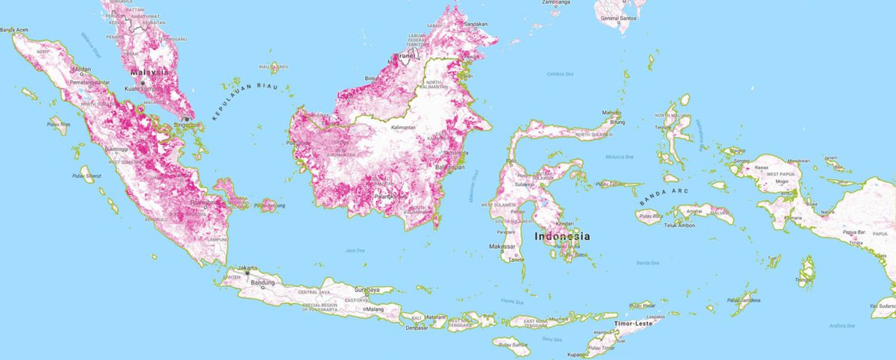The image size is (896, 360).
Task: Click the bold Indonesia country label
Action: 561,237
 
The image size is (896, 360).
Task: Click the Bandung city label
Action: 261,283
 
